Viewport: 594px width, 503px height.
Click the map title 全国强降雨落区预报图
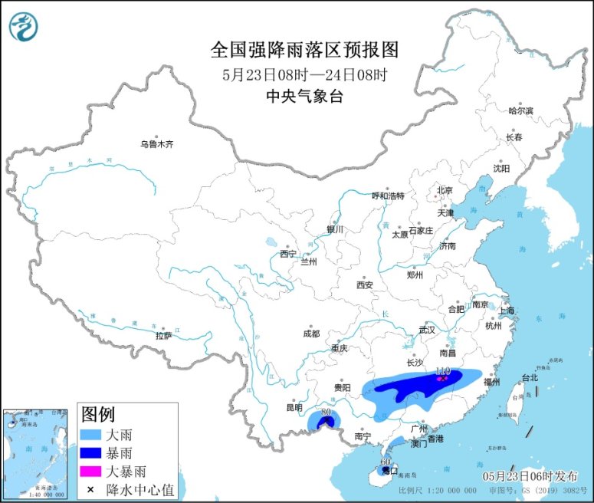pos(305,51)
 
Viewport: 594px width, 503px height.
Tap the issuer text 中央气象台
pos(304,96)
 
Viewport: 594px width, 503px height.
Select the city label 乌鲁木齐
pos(156,143)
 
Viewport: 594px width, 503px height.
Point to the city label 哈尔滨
pos(520,110)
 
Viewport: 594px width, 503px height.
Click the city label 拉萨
pos(164,335)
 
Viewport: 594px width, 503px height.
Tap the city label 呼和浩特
pos(387,196)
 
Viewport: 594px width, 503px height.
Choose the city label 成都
pos(311,334)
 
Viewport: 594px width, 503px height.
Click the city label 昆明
pos(294,407)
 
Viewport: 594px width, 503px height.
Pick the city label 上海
pos(506,311)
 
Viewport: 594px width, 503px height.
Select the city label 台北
pos(530,377)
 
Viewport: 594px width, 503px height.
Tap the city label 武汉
pos(427,330)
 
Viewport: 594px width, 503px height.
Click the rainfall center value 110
pos(441,371)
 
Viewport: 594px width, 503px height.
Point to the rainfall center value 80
pos(326,413)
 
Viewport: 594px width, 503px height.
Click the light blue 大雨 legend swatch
pos(91,434)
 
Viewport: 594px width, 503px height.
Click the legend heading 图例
pos(98,415)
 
